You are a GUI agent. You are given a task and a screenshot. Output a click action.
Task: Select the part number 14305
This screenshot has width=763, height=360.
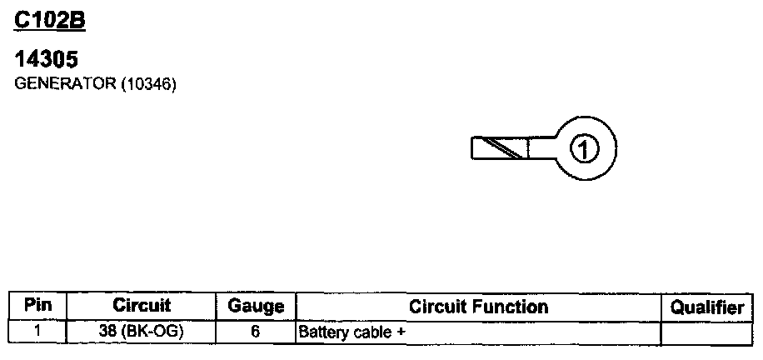pyautogui.click(x=47, y=61)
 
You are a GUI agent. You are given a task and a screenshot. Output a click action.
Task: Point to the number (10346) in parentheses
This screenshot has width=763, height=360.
pyautogui.click(x=149, y=84)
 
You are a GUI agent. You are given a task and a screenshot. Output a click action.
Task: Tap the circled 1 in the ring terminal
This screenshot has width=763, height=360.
pyautogui.click(x=584, y=149)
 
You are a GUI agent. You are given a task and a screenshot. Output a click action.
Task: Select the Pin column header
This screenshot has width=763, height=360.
pyautogui.click(x=38, y=306)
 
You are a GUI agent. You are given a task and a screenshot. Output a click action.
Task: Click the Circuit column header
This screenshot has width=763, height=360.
pyautogui.click(x=141, y=306)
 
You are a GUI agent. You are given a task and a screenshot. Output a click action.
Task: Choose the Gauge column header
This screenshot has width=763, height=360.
pyautogui.click(x=256, y=307)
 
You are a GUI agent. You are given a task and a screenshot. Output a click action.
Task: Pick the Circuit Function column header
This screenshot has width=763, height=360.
pyautogui.click(x=478, y=307)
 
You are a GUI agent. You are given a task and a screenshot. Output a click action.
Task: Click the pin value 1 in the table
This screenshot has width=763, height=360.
pyautogui.click(x=38, y=331)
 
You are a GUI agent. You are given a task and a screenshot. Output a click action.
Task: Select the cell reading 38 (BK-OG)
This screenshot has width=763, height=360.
pyautogui.click(x=141, y=331)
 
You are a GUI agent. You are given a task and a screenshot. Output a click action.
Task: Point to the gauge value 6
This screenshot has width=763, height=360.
pyautogui.click(x=256, y=331)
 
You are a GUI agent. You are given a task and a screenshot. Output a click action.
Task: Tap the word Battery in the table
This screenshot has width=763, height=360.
pyautogui.click(x=319, y=332)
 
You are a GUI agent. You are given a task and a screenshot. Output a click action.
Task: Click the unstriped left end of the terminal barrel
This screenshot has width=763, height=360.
pyautogui.click(x=481, y=148)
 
